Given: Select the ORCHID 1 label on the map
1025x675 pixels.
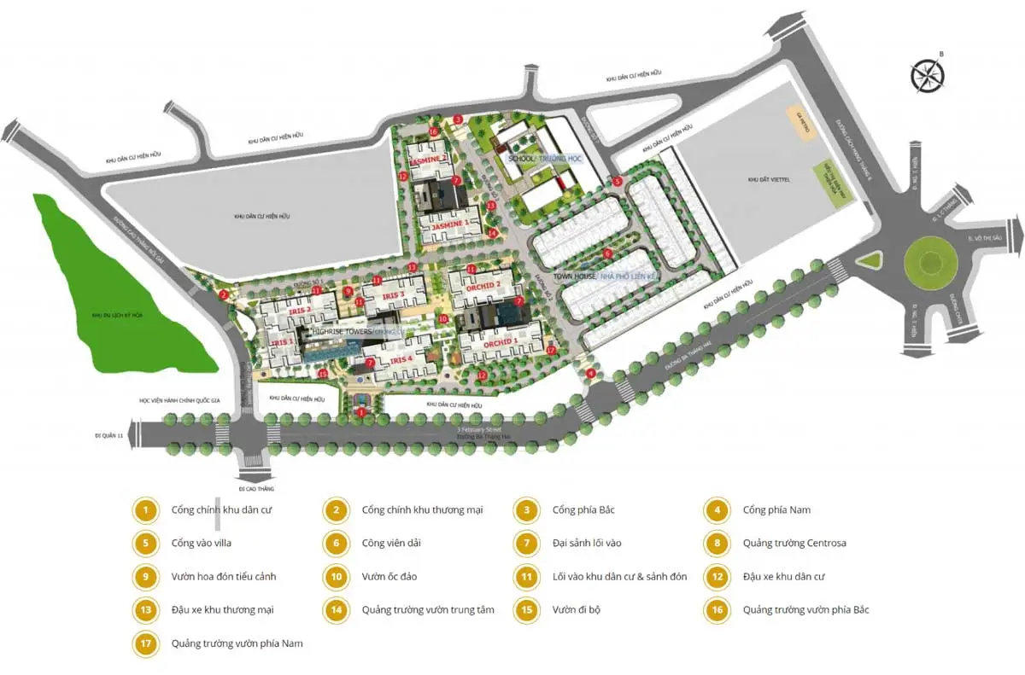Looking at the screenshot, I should click(x=501, y=342).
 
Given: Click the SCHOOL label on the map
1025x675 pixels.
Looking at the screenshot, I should click(x=520, y=159).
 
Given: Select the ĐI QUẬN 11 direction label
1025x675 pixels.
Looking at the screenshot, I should click(x=110, y=434).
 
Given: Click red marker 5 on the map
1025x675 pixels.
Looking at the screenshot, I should click(x=617, y=181).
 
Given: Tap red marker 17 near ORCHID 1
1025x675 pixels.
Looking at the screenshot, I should click(x=551, y=350).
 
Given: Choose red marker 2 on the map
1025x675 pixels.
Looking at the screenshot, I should click(x=223, y=294).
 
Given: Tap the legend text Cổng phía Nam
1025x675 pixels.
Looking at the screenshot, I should click(x=776, y=510).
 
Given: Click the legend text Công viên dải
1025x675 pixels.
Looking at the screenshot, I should click(x=391, y=543).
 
